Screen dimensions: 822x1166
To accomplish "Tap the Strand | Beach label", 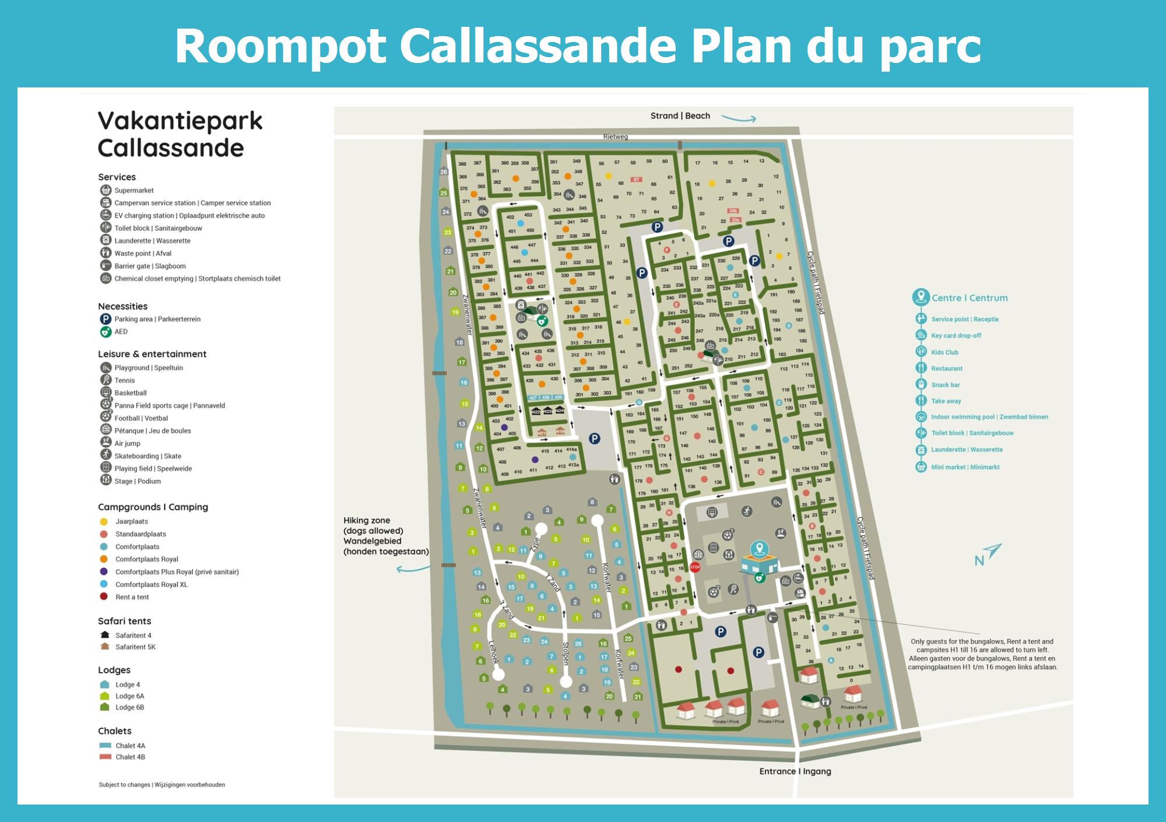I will tap(680, 116).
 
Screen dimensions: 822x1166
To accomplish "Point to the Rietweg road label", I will tap(615, 137).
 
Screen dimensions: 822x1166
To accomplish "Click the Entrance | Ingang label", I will tap(795, 771).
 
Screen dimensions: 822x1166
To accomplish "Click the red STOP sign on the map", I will tap(695, 567).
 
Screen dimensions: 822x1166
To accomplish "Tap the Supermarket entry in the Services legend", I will tap(134, 191).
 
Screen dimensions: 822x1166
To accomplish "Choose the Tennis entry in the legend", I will tap(124, 381).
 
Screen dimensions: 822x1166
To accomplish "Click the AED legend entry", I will tap(121, 332).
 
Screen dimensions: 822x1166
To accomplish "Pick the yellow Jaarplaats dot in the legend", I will tap(104, 522).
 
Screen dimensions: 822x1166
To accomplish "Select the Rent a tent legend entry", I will tap(132, 597).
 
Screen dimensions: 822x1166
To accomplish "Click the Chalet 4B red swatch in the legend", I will tap(106, 757).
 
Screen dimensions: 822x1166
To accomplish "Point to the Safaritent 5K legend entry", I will tap(135, 647).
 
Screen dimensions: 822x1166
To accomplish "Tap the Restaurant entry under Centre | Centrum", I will tap(946, 368).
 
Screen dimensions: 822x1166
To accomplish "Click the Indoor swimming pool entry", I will tap(989, 417).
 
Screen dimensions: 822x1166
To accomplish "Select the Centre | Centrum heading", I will tap(969, 298).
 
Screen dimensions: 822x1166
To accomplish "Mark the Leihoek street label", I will tap(493, 653).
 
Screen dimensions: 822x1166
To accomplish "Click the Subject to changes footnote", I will tap(161, 785).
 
